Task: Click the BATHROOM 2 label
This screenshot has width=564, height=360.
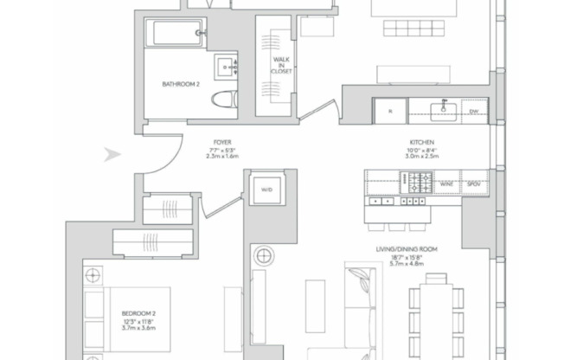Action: tap(181, 85)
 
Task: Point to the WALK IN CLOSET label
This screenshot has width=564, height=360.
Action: tap(281, 65)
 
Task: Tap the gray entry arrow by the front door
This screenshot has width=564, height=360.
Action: tap(111, 155)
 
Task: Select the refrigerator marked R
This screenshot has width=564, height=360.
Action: tap(389, 111)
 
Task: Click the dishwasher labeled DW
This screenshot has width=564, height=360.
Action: tap(473, 111)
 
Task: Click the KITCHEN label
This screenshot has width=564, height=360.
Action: tap(421, 141)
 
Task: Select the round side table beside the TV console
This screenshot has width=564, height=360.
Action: tap(264, 257)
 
